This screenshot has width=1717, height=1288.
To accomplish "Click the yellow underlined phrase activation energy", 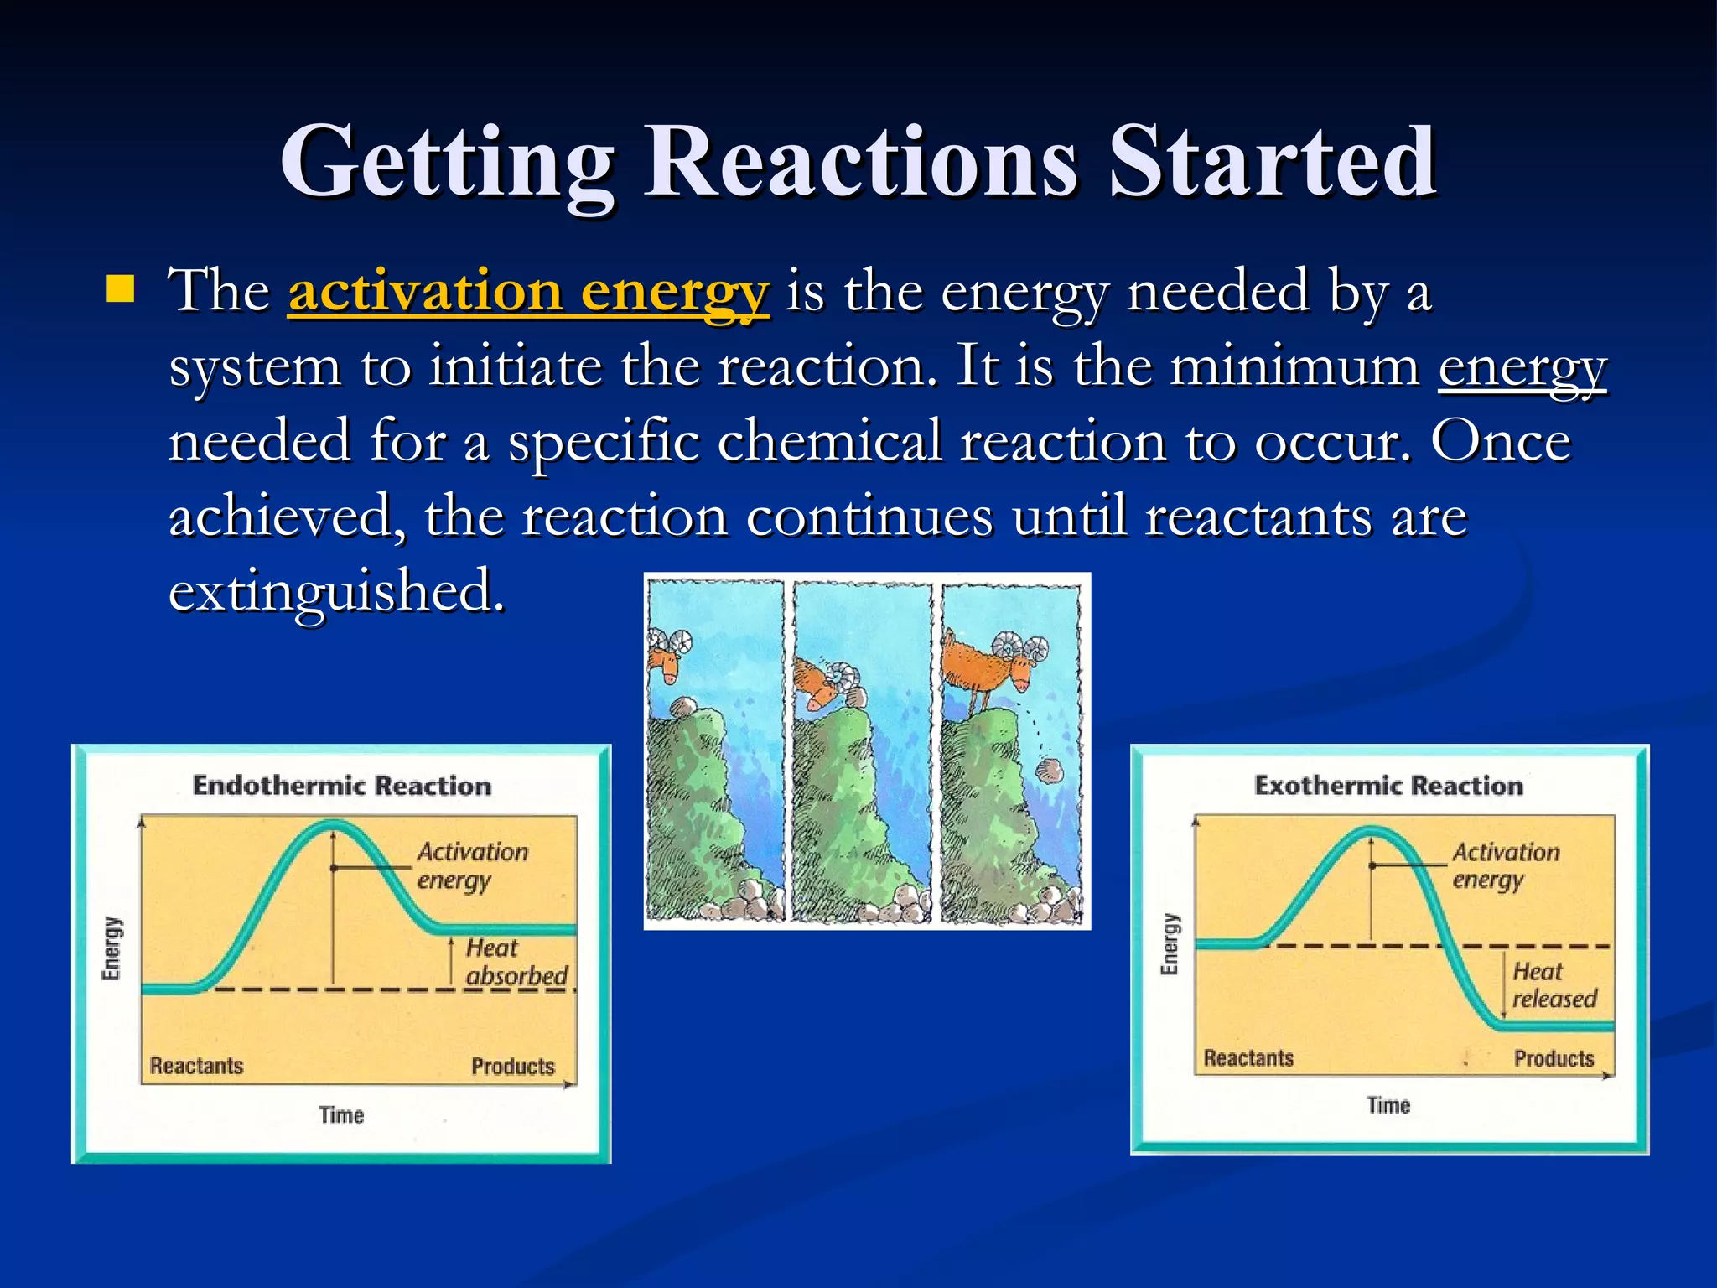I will click(528, 293).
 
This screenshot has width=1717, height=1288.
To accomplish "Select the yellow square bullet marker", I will click(121, 289).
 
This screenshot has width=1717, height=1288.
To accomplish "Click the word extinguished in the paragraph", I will click(337, 591).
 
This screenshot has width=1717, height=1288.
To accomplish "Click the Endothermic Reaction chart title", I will click(342, 786).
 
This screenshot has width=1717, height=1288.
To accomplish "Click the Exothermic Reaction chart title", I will click(1388, 786).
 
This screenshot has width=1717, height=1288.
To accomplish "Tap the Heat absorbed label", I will click(515, 962).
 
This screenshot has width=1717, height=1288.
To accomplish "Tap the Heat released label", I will click(1554, 985).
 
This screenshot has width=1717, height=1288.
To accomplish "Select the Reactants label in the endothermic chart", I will click(197, 1066).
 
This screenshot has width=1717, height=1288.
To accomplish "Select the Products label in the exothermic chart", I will click(1554, 1058).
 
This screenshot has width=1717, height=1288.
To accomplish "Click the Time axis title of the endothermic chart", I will click(341, 1115).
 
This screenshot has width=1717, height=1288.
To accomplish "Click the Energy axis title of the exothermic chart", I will click(1170, 944).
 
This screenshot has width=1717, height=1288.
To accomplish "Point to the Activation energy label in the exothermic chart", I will click(1505, 865).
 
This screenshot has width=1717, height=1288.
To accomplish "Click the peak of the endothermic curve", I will click(334, 824).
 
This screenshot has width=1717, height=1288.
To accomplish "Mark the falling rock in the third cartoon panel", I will click(1049, 769).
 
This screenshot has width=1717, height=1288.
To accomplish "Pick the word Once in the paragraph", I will click(1500, 442).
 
